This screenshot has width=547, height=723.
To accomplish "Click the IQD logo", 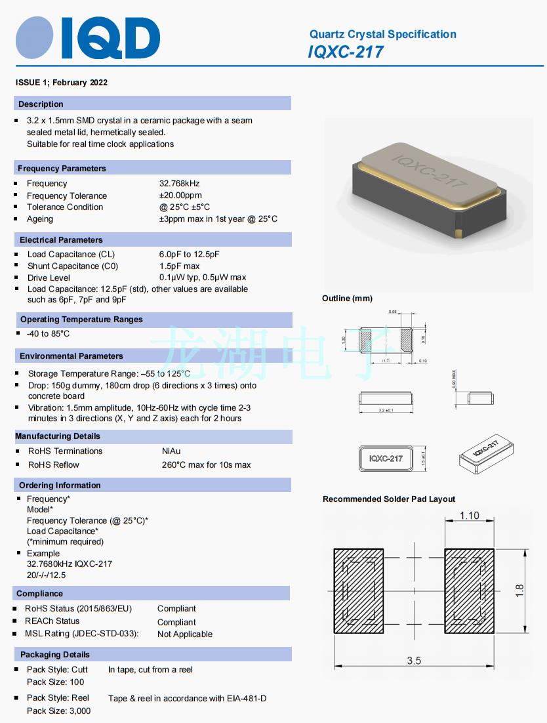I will point(88,38).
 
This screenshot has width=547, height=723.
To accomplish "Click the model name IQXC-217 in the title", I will point(346,52).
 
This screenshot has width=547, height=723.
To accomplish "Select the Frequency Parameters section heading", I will point(62,169).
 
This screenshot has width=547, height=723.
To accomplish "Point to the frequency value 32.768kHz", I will point(179,184).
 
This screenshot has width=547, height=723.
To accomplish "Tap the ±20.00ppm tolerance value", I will point(180,196).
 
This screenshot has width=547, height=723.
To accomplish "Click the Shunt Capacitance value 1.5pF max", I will point(179,266).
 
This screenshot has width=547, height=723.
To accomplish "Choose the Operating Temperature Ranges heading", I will point(81,320).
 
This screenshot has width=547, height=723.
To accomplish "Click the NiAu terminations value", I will point(171,451).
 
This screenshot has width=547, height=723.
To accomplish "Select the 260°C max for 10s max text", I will point(206,465).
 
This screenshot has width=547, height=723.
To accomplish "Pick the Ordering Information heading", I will point(60,485).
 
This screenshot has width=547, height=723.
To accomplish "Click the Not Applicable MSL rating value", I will point(185,634).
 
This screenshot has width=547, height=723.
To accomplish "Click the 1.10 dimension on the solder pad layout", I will point(470,516).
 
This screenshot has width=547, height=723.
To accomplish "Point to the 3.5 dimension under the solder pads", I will point(414,661).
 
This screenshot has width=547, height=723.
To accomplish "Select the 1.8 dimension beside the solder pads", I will point(520,590).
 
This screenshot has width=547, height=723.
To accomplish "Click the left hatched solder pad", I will point(358,590).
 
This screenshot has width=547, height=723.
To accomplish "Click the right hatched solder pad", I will point(469,590).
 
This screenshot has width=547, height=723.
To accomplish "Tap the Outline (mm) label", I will point(347,299).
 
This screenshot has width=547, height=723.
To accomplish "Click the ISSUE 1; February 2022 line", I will point(62,83).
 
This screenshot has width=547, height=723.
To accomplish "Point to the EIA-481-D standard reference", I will point(245,699).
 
